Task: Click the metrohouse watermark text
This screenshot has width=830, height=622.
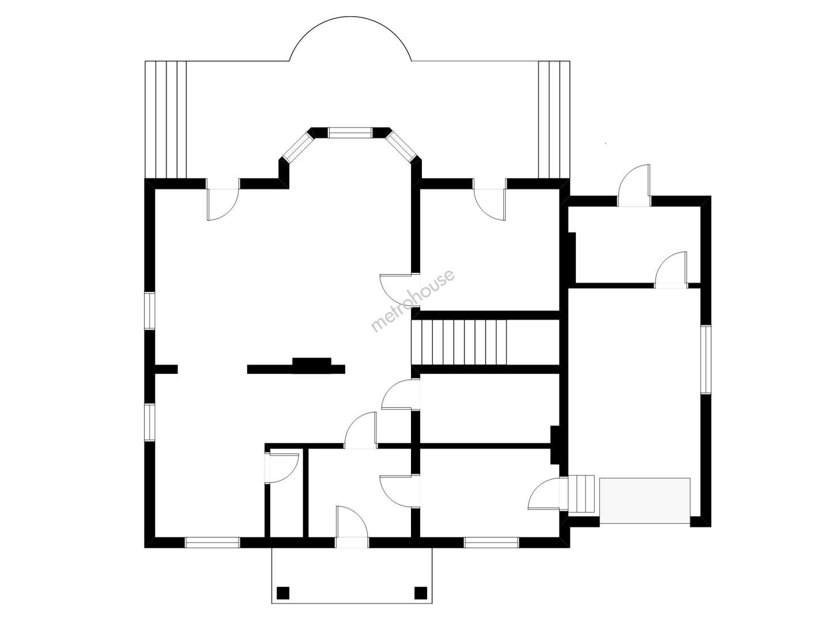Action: tap(413, 300)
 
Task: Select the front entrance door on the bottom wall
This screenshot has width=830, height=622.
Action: tap(352, 527)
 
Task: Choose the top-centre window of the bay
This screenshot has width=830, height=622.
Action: tap(350, 132)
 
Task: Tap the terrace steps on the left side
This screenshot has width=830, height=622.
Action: tap(165, 119)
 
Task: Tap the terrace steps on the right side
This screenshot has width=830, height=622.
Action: tap(554, 119)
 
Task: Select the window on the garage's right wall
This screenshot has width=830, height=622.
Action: tap(705, 359)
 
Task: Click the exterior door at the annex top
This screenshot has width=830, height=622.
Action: tap(634, 185)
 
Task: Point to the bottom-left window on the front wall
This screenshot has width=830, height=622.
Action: tap(212, 543)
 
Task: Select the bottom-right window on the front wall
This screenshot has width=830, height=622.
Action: tap(491, 543)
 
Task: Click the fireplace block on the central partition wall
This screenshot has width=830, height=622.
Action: tap(312, 365)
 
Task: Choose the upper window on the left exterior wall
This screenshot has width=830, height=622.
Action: tap(150, 311)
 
